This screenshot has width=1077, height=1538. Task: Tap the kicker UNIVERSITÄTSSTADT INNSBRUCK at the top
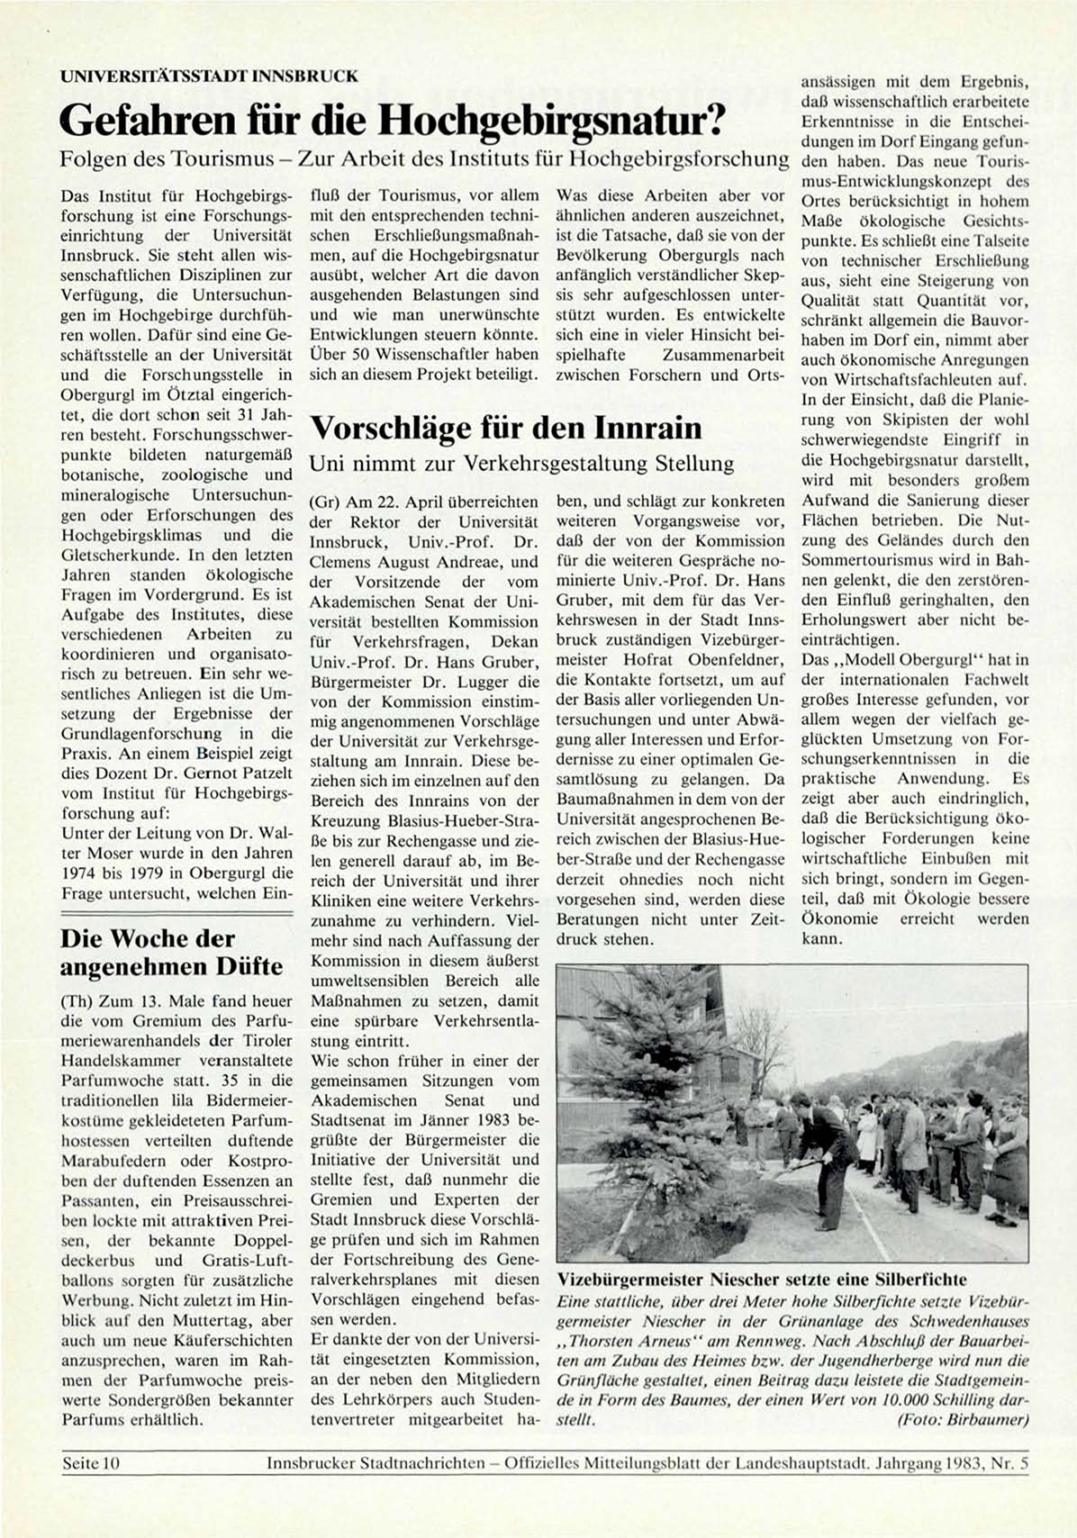coord(209,77)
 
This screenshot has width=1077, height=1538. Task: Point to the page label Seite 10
coord(90,1463)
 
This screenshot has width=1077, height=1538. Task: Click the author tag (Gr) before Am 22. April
coord(323,502)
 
